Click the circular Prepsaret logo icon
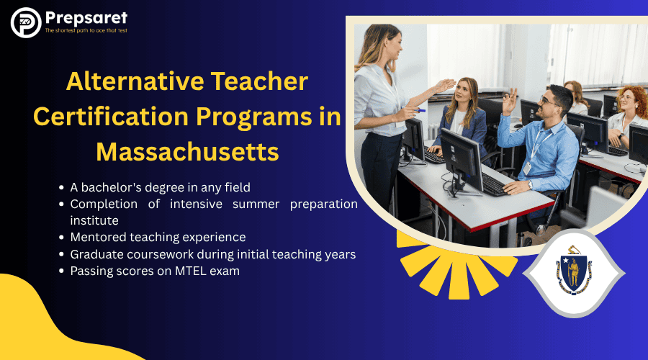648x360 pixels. pyautogui.click(x=26, y=23)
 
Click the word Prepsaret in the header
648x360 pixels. pyautogui.click(x=86, y=18)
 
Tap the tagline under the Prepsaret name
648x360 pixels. pyautogui.click(x=86, y=30)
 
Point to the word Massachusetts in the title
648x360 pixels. pyautogui.click(x=188, y=152)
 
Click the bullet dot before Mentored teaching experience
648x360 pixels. pyautogui.click(x=62, y=238)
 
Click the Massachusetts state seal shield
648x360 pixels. pyautogui.click(x=574, y=272)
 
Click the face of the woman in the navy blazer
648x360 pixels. pyautogui.click(x=462, y=93)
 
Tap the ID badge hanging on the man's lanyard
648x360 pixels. pyautogui.click(x=527, y=168)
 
